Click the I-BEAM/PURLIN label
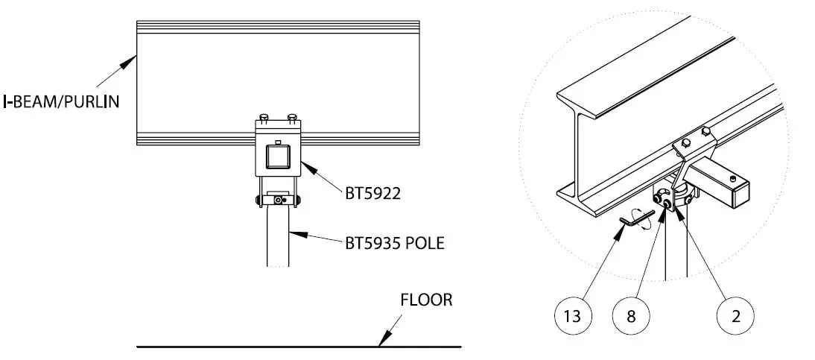[66, 102]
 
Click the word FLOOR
[426, 301]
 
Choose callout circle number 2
[736, 315]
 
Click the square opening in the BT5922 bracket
[276, 157]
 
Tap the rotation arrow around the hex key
[642, 218]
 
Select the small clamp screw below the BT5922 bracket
[279, 200]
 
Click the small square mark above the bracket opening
[277, 142]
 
